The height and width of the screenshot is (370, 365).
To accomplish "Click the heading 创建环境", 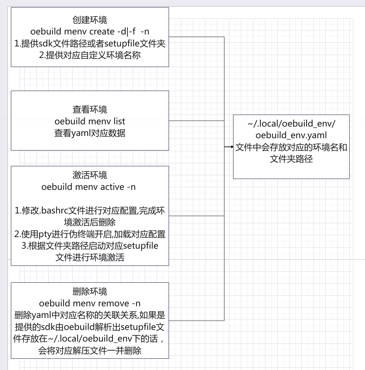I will point(90,20).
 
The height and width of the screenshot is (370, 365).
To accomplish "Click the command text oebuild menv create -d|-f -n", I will point(90,31).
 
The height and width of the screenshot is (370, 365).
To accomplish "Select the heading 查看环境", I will point(90,109).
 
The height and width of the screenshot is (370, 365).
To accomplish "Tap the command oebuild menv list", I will point(90,121).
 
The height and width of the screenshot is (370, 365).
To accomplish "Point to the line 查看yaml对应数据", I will point(90,133).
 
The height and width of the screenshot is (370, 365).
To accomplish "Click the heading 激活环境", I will point(90,175).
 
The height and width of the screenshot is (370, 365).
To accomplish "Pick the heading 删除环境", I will point(90,291).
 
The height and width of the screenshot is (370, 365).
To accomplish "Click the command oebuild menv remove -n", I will point(90,303).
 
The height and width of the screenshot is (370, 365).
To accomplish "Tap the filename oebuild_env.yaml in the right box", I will point(291,135).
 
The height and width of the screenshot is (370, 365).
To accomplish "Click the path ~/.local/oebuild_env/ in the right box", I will point(291,123).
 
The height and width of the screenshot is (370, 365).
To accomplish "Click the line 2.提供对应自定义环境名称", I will point(90,55).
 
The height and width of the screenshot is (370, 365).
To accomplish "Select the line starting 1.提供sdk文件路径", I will point(90,43).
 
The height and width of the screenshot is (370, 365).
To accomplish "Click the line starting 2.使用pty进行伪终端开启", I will point(90,234).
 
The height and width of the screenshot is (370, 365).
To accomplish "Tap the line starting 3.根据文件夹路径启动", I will point(90,246).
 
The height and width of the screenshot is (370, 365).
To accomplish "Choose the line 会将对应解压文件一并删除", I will point(90,351).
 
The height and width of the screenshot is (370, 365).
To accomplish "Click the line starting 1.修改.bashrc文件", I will point(90,211).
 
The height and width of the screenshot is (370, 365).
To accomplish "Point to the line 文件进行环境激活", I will point(90,258).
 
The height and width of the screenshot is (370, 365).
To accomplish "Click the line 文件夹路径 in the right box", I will point(291,159).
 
